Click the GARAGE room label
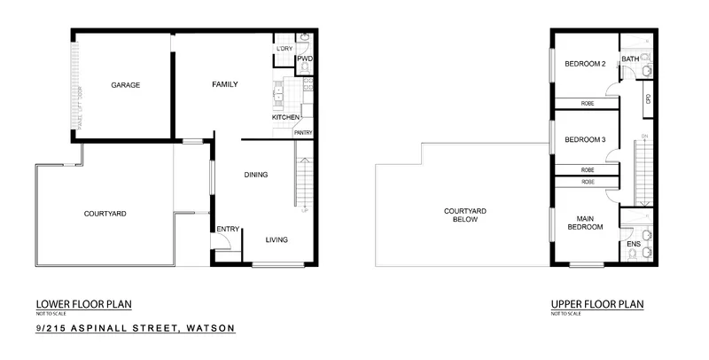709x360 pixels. click(125, 85)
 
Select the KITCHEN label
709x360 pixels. click(285, 118)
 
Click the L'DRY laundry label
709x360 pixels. click(284, 48)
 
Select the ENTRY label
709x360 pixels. click(228, 230)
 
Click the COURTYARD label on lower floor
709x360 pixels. click(105, 214)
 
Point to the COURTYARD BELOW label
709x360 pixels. click(466, 215)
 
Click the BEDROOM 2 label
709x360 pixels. click(585, 64)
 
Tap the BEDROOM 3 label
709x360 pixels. click(585, 139)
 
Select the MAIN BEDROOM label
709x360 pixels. click(584, 223)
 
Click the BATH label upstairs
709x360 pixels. click(630, 59)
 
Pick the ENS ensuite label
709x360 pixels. click(634, 242)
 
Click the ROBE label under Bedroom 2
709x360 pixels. click(587, 104)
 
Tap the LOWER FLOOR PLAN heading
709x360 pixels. click(83, 304)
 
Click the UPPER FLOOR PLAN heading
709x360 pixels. click(596, 304)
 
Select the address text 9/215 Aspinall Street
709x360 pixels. click(136, 328)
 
